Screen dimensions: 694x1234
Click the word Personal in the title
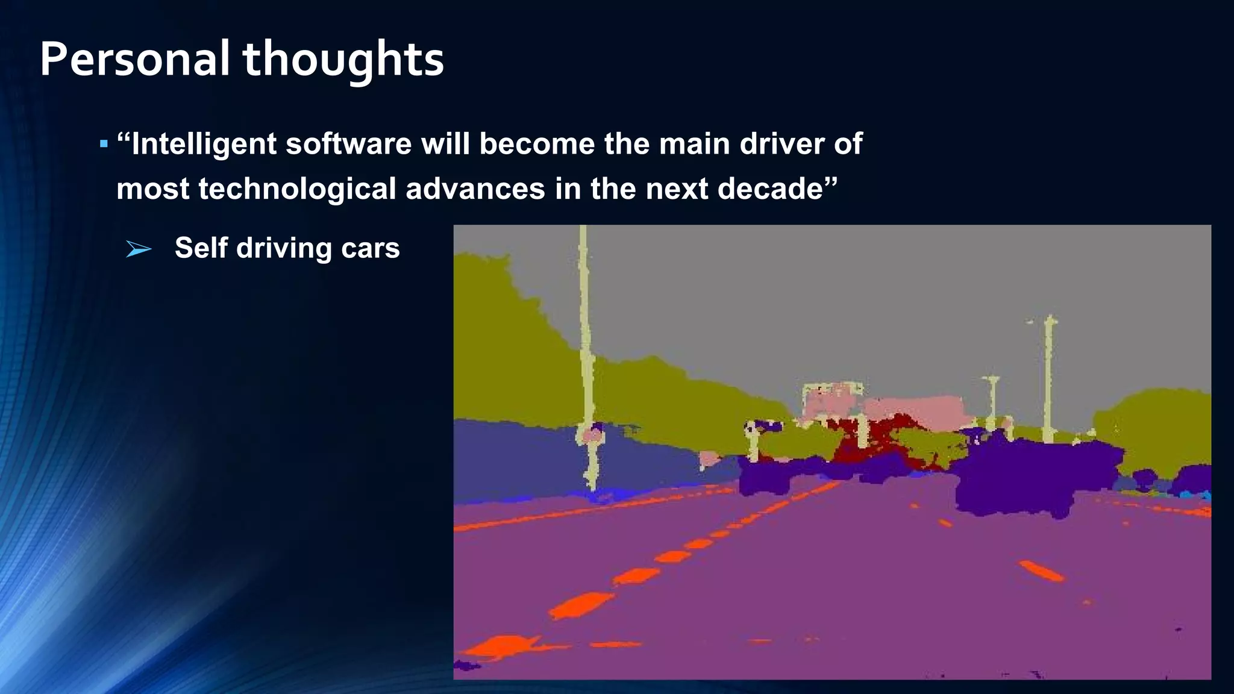[134, 60]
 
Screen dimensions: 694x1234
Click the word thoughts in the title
[343, 60]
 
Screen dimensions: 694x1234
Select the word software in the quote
[348, 144]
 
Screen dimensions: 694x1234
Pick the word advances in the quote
[475, 189]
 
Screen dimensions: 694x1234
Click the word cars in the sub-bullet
[370, 248]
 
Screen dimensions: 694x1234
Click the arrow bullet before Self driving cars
[139, 249]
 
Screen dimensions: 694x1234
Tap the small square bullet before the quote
[104, 145]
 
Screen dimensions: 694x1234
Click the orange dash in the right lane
[1041, 571]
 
